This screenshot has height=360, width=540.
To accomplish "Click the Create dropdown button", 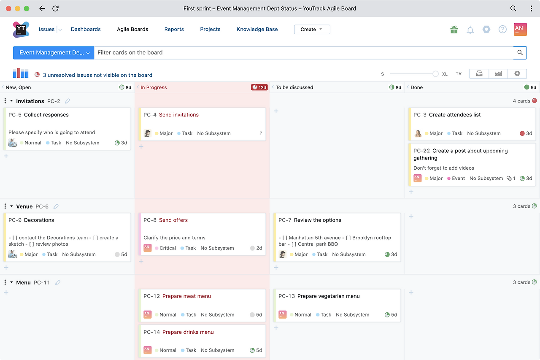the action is pyautogui.click(x=312, y=30).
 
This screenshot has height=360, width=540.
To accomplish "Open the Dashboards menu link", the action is pyautogui.click(x=86, y=29).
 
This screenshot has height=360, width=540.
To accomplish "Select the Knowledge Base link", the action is pyautogui.click(x=257, y=29).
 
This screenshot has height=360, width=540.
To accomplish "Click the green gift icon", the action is pyautogui.click(x=454, y=30).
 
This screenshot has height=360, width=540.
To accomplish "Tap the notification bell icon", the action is pyautogui.click(x=470, y=30).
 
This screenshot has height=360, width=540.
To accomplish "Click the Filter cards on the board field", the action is pyautogui.click(x=304, y=53).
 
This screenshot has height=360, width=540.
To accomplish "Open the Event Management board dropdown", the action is pyautogui.click(x=54, y=53).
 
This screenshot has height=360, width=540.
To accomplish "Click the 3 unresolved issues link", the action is pyautogui.click(x=97, y=75).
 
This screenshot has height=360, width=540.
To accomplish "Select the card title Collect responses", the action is pyautogui.click(x=46, y=115).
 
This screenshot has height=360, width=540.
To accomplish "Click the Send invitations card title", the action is pyautogui.click(x=178, y=115).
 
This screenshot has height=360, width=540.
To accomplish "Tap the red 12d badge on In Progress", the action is pyautogui.click(x=259, y=87).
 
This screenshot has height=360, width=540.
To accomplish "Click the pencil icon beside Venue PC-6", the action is pyautogui.click(x=56, y=206).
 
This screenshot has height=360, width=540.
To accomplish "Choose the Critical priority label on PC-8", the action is pyautogui.click(x=167, y=248).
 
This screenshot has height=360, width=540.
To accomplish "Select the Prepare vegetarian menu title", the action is pyautogui.click(x=328, y=296).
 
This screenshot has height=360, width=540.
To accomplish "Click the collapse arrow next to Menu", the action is pyautogui.click(x=11, y=282).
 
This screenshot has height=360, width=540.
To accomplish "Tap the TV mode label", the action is pyautogui.click(x=458, y=74).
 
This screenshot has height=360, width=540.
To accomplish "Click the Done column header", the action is pyautogui.click(x=416, y=87).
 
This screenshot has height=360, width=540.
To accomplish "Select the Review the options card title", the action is pyautogui.click(x=318, y=220).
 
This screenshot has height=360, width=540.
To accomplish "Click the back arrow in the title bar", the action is pyautogui.click(x=42, y=9).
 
